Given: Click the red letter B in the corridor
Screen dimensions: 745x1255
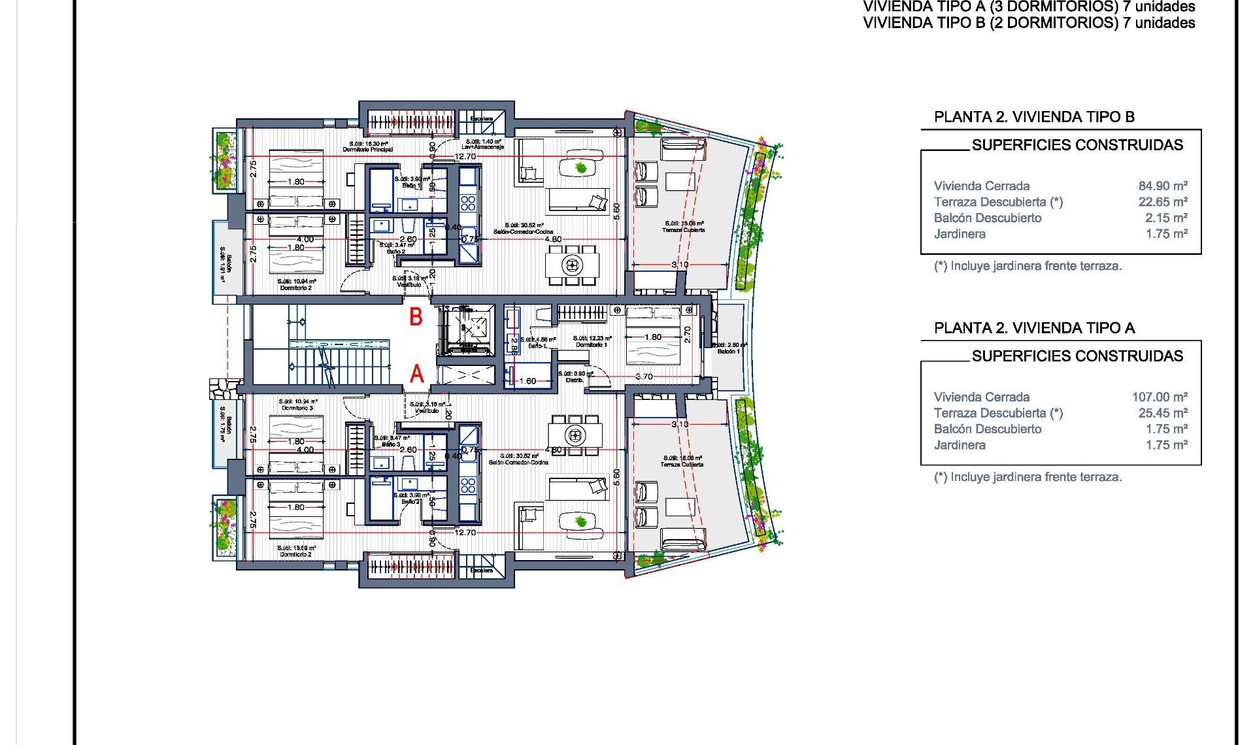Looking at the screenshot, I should [x=416, y=317].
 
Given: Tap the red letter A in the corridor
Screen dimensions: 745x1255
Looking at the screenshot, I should [x=416, y=374].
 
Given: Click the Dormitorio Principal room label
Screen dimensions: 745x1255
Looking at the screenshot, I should [x=368, y=149].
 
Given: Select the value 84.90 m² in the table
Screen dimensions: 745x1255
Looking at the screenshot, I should [x=1162, y=186].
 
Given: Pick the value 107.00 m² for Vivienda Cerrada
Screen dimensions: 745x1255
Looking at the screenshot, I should [x=1159, y=397].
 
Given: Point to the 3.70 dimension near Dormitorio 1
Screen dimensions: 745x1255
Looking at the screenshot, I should [x=644, y=376].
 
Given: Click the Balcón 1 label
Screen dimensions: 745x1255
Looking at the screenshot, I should [x=728, y=351].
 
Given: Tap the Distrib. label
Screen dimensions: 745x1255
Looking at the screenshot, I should [x=575, y=380].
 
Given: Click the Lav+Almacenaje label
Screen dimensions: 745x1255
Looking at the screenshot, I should [x=483, y=147].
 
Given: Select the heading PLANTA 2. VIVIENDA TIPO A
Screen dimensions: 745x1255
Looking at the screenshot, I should [x=1034, y=328].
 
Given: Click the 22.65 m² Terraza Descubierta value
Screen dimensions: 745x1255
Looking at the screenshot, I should [x=1162, y=202].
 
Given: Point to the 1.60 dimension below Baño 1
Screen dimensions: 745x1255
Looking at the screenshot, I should [x=527, y=381].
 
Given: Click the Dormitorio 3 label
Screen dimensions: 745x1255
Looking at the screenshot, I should [x=297, y=407].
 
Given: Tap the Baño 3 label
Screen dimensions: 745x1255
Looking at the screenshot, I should [x=391, y=444].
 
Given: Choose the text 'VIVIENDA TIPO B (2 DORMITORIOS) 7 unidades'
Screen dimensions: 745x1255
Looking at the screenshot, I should [x=1029, y=24].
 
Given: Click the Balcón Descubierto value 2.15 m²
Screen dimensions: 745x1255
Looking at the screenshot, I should [x=1165, y=218].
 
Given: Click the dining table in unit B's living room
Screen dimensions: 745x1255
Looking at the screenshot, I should [x=573, y=265].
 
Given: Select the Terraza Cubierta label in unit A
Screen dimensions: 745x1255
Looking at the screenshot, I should [x=683, y=464].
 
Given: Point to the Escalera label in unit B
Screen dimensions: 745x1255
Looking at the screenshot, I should [x=482, y=119].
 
